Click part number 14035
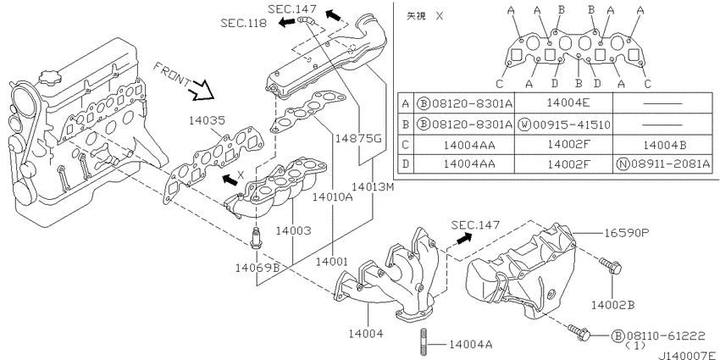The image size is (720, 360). (207, 121)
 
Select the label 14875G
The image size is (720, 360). (358, 138)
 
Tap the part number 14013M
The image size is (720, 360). (373, 187)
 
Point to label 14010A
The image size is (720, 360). (332, 197)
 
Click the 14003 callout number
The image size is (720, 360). (293, 230)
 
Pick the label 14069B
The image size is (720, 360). (258, 267)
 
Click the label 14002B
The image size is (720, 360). (613, 304)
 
